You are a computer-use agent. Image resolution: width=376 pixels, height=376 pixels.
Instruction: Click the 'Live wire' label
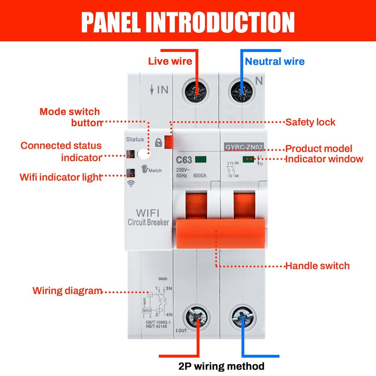(x=170, y=61)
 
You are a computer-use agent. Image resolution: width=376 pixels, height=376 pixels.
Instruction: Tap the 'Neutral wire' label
(x=275, y=61)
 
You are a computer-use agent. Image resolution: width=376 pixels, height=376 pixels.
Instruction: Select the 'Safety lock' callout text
(x=311, y=122)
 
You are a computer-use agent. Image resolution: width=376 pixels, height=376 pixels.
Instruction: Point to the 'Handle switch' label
(x=318, y=266)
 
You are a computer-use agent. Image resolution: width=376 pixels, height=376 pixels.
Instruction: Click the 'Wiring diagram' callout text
(x=67, y=290)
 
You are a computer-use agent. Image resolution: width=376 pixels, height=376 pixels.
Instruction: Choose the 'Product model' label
(x=319, y=149)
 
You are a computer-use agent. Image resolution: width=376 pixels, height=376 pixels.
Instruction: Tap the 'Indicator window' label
(x=324, y=159)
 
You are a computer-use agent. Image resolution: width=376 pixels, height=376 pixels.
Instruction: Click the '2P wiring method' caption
(x=222, y=366)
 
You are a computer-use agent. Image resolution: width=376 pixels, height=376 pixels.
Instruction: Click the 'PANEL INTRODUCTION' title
(x=188, y=21)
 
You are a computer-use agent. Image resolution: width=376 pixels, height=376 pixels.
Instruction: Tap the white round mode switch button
(x=142, y=153)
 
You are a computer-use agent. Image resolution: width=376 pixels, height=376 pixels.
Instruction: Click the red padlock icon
(x=158, y=142)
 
